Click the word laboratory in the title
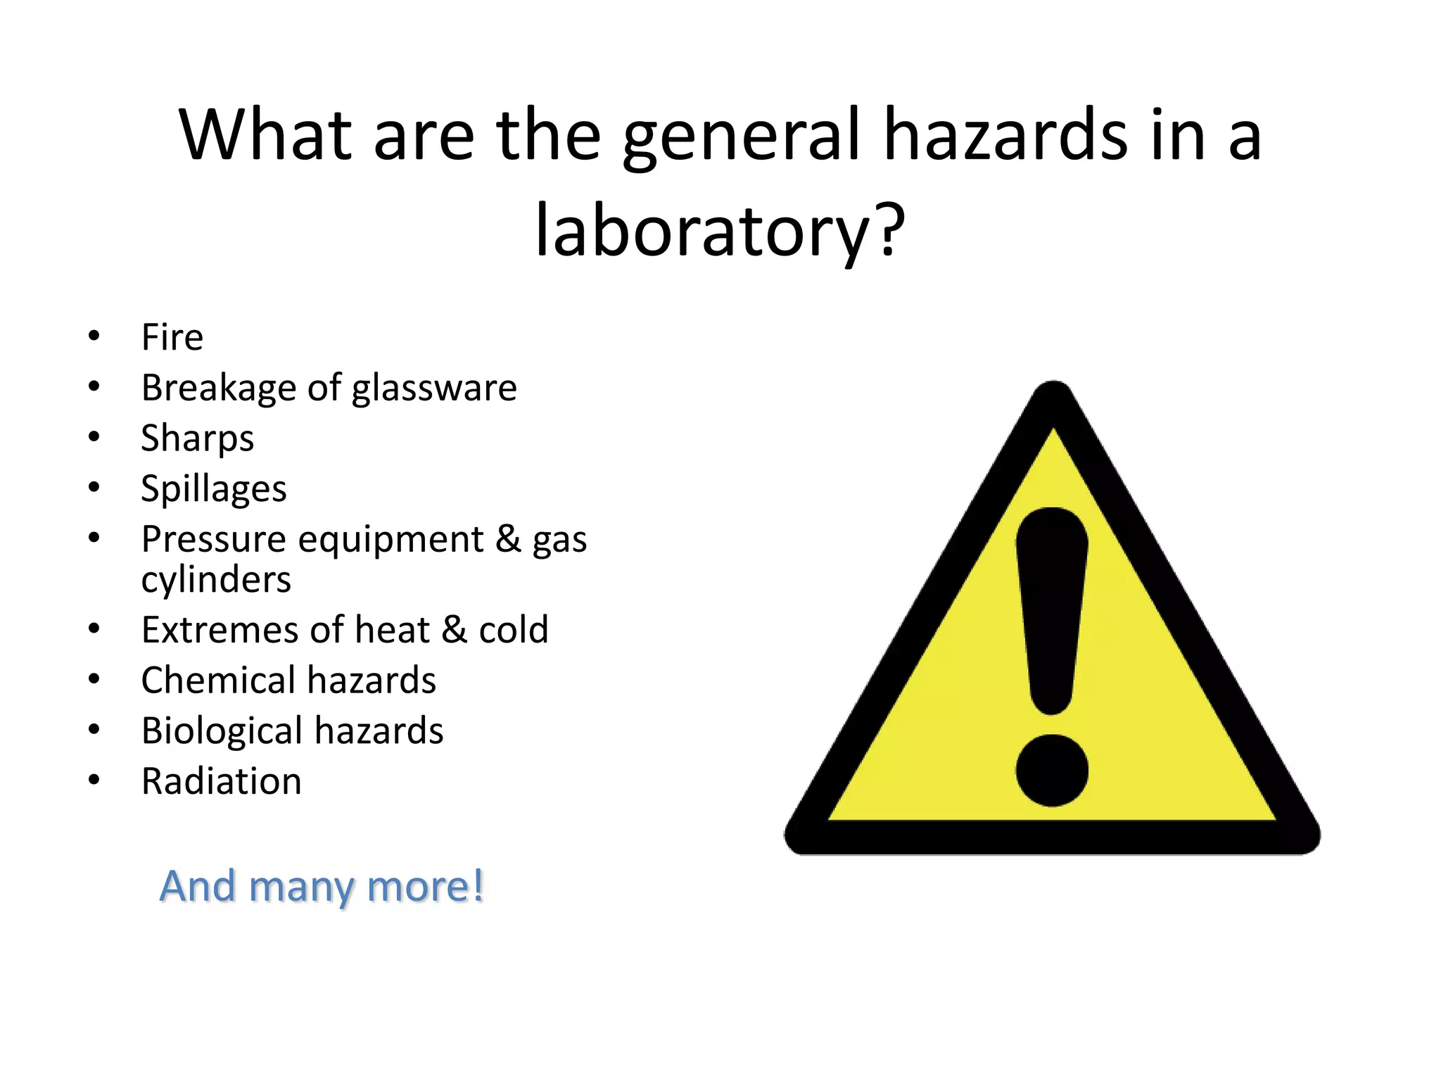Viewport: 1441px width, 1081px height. (x=704, y=230)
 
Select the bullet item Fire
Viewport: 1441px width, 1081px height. (x=172, y=337)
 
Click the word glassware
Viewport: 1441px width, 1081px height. (x=434, y=388)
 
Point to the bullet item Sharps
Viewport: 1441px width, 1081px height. (x=197, y=438)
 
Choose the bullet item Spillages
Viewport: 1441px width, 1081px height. (x=214, y=489)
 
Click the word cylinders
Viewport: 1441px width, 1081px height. (x=216, y=580)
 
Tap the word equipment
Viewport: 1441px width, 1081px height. (x=391, y=540)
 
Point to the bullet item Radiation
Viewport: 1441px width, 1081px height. (x=222, y=781)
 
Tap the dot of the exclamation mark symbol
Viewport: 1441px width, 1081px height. (x=1052, y=771)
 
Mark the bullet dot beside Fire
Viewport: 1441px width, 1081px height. (x=94, y=336)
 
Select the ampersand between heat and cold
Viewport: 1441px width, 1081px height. (x=454, y=629)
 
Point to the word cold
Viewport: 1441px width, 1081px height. (x=514, y=629)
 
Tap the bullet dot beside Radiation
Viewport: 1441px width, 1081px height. (x=94, y=780)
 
